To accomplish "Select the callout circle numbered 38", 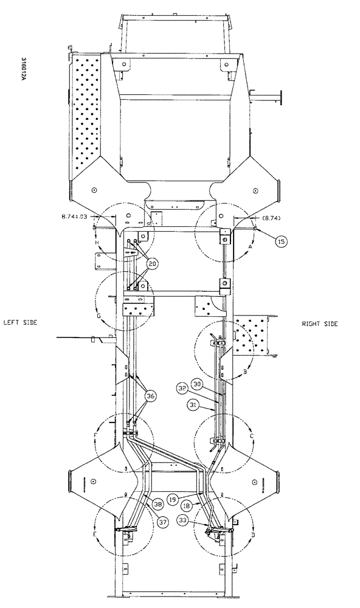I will [157, 505].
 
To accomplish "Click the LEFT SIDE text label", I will [20, 322].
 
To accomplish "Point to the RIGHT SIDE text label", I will [320, 324].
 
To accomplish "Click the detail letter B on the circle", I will [244, 371].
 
